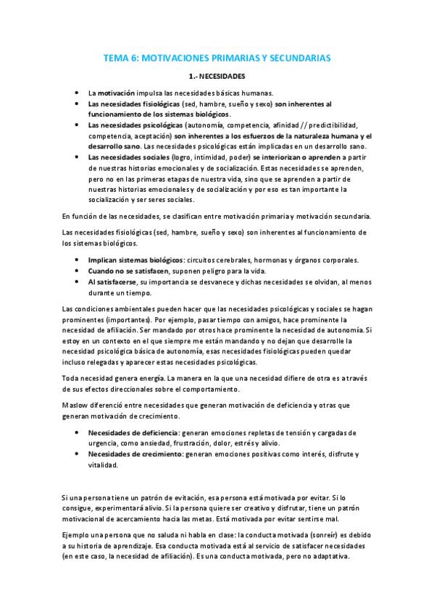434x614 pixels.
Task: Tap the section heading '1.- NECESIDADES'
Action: click(x=217, y=75)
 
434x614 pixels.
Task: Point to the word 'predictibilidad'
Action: click(x=318, y=125)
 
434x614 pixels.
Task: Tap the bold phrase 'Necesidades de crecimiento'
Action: click(x=135, y=453)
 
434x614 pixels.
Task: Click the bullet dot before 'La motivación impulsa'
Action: click(x=78, y=93)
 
